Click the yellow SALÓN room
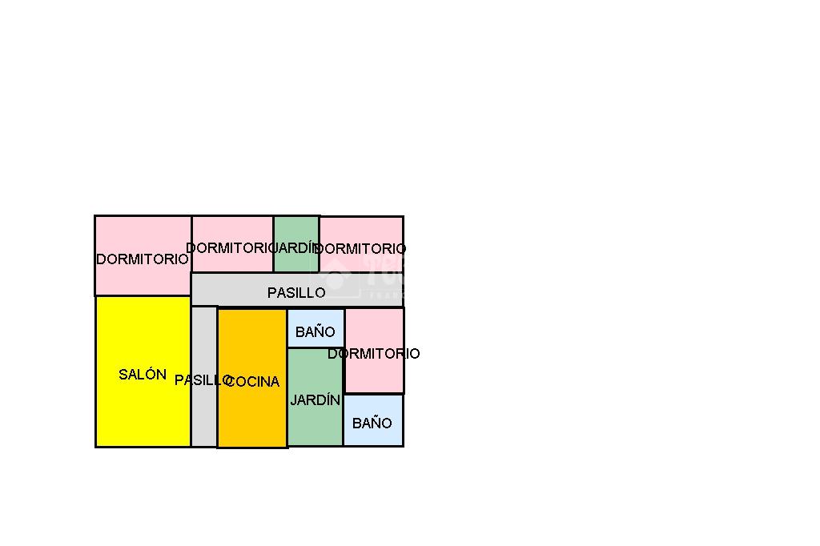point(143,408)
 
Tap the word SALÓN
point(143,374)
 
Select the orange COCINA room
point(252,416)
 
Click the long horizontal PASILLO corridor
point(240,289)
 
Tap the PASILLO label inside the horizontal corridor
point(296,293)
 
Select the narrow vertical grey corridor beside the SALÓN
point(204,416)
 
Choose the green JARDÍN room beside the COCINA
point(315,424)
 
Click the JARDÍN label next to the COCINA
point(315,399)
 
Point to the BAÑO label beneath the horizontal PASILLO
point(316,332)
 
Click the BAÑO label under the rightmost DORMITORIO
point(372,423)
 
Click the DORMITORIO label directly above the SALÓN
point(143,259)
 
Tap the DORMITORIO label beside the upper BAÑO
point(374,353)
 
